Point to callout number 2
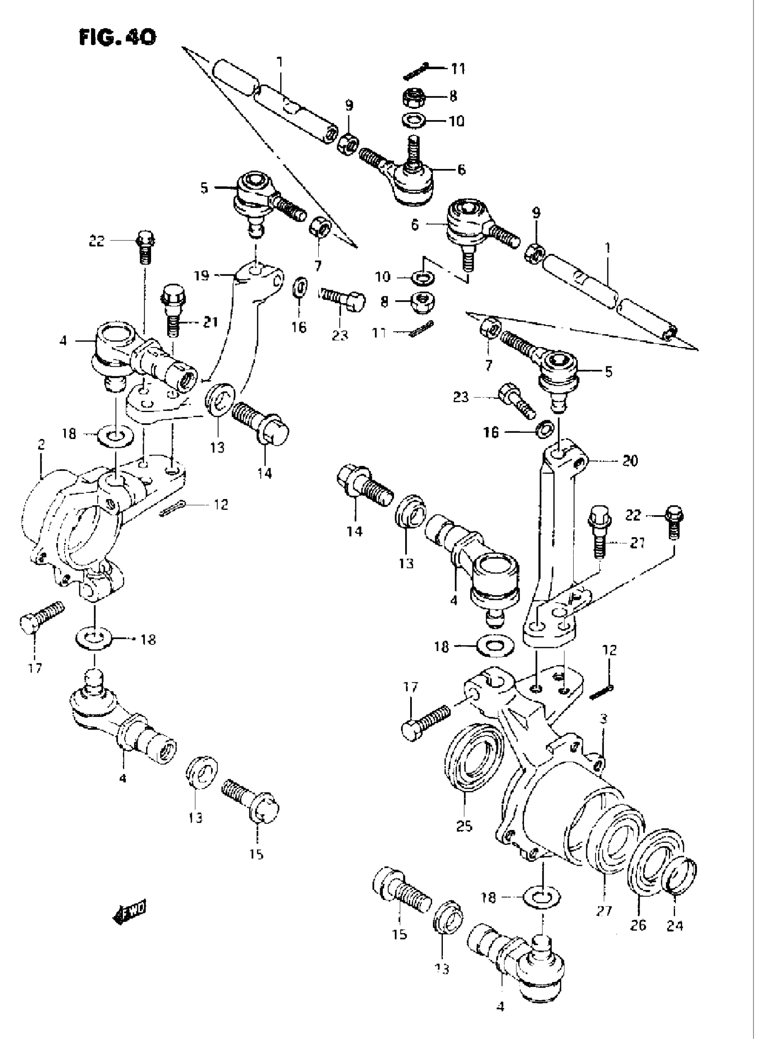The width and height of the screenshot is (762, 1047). pos(41,444)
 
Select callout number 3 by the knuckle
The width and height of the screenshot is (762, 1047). pos(604,718)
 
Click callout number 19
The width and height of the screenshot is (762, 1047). pos(202,276)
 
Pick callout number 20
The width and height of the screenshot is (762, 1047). pos(630,460)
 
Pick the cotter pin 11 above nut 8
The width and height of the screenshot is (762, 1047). pos(416,71)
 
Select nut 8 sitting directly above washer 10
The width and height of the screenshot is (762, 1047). pos(417,97)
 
